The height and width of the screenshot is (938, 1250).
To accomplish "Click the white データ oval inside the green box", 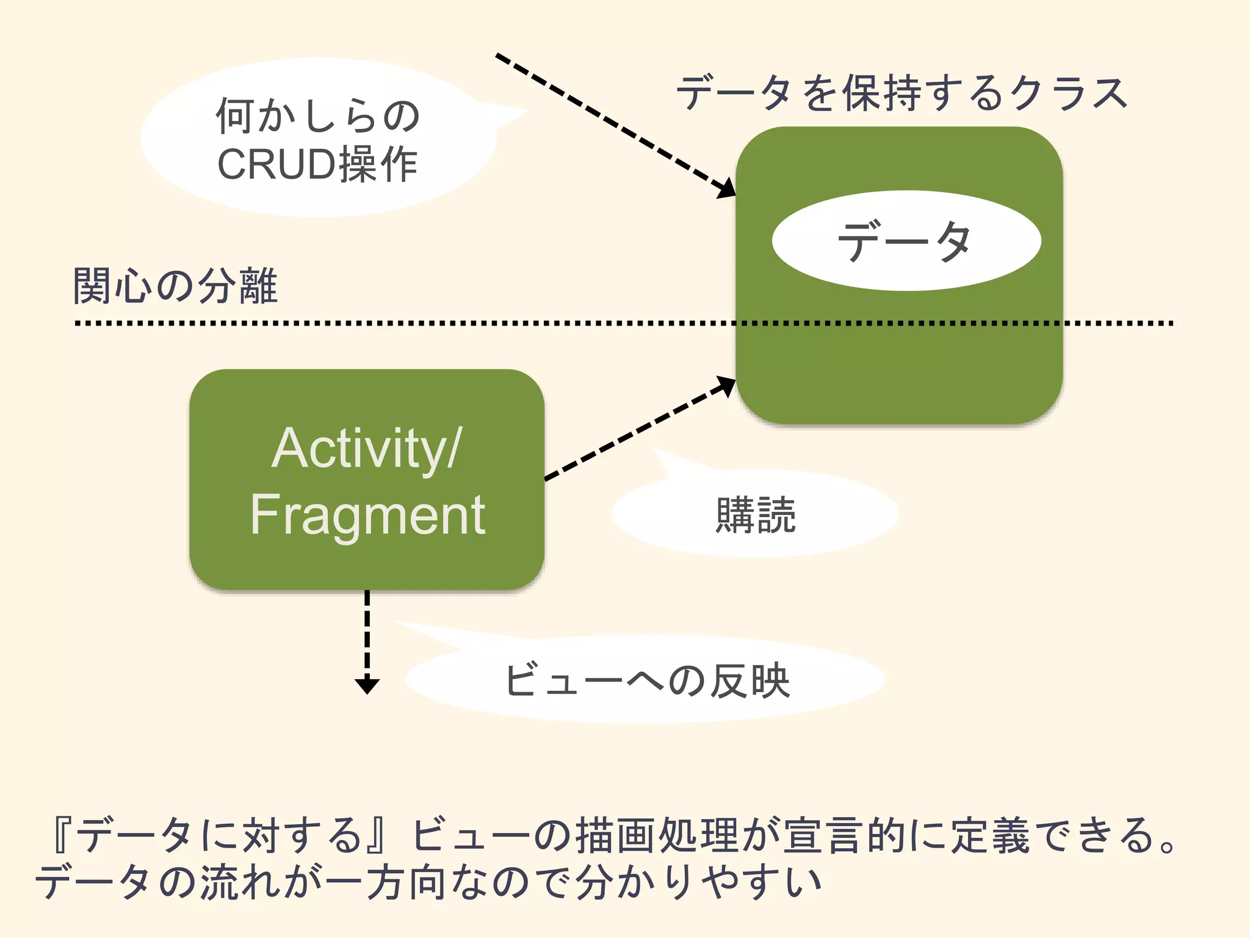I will click(x=906, y=241).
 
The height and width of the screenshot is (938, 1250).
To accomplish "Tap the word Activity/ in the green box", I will click(x=367, y=449).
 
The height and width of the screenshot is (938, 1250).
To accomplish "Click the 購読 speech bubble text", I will click(x=756, y=515).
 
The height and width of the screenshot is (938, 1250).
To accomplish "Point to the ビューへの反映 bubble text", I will click(x=647, y=680).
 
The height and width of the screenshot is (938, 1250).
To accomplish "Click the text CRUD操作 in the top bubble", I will click(x=317, y=164).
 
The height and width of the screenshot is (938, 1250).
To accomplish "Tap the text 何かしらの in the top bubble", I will click(x=317, y=115).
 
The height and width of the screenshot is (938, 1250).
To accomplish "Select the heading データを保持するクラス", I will click(x=902, y=93).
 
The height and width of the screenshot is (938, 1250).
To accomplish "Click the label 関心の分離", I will click(x=175, y=286).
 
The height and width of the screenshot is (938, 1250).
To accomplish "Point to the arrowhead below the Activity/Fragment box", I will click(x=367, y=685).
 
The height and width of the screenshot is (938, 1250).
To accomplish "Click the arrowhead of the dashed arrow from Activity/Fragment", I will click(x=726, y=385).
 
